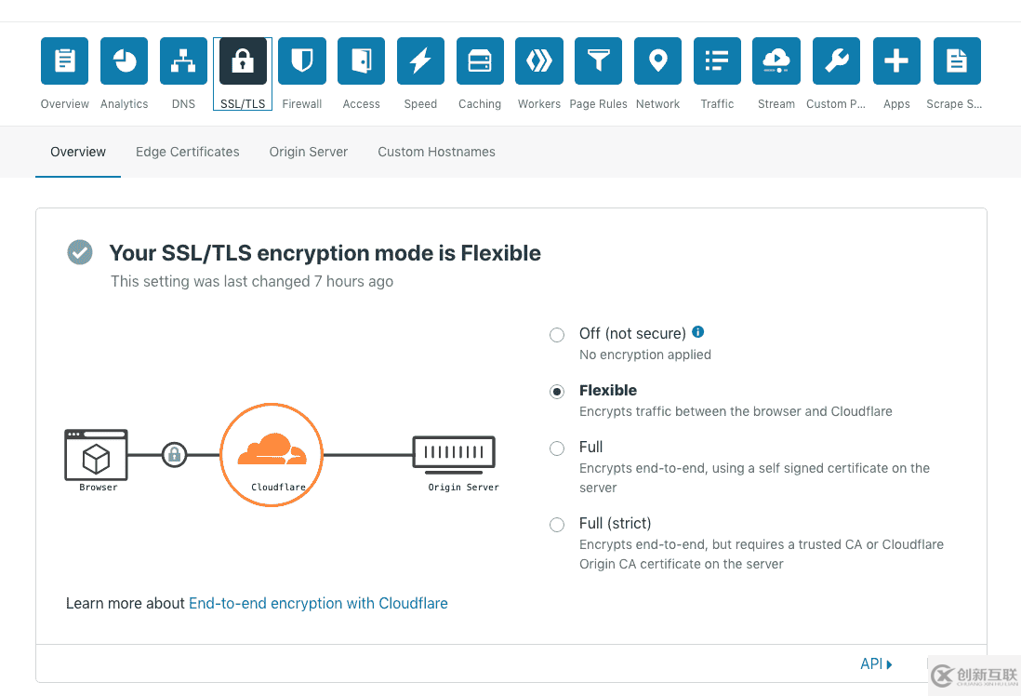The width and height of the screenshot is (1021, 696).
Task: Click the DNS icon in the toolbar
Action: (x=183, y=61)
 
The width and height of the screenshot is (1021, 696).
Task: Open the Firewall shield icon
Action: (x=302, y=61)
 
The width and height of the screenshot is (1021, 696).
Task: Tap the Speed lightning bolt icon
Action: (x=420, y=61)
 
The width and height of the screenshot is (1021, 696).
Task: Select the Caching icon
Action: (x=480, y=61)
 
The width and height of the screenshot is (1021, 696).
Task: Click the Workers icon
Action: (x=539, y=61)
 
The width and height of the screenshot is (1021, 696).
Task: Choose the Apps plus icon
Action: (x=896, y=61)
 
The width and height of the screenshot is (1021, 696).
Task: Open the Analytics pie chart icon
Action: (x=125, y=61)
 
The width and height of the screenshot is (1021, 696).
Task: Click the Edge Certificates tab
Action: (x=188, y=152)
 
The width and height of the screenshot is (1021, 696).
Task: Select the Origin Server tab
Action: (x=309, y=152)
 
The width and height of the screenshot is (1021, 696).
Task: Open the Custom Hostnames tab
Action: (x=436, y=152)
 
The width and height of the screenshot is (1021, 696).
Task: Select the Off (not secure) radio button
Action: (x=557, y=335)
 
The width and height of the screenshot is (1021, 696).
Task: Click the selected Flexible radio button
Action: (x=557, y=392)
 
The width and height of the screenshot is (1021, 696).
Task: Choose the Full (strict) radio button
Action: (x=557, y=525)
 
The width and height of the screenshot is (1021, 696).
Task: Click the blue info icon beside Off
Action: (x=698, y=331)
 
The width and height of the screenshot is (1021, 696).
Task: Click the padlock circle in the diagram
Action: (x=174, y=455)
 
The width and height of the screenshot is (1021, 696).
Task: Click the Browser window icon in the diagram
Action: (x=96, y=454)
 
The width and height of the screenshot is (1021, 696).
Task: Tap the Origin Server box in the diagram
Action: (x=454, y=454)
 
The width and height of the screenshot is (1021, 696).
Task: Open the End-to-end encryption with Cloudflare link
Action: (x=318, y=604)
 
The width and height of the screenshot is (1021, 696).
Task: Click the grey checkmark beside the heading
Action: (x=80, y=252)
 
